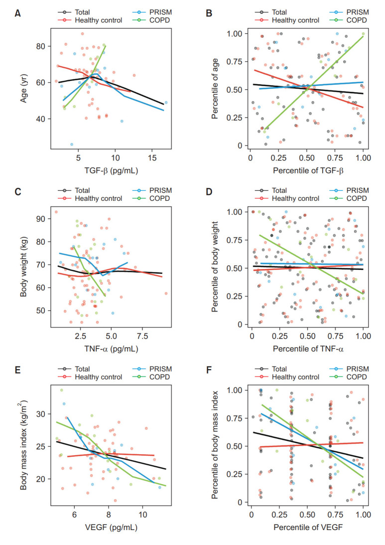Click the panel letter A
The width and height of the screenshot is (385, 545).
(17, 13)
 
